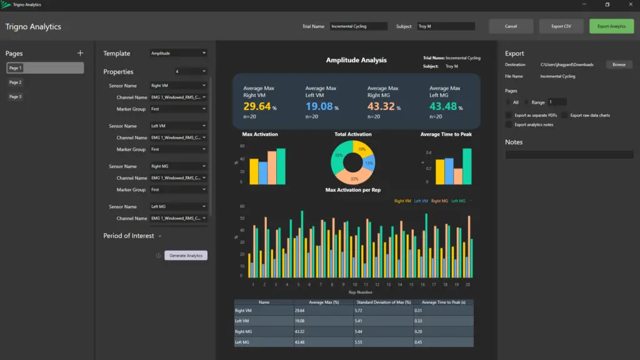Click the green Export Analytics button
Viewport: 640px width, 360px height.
(x=611, y=26)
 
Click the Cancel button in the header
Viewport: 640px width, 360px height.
(x=511, y=26)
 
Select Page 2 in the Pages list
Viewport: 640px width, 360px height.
(x=16, y=82)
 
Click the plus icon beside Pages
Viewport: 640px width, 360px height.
(x=80, y=53)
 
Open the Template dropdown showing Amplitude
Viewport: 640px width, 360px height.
(x=178, y=54)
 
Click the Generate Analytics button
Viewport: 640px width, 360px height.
(x=186, y=256)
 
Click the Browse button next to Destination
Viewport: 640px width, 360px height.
(x=619, y=64)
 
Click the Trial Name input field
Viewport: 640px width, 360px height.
(x=359, y=26)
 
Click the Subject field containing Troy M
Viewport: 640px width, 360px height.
(x=446, y=26)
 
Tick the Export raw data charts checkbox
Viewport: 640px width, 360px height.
(x=565, y=115)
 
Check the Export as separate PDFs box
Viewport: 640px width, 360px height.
(x=509, y=115)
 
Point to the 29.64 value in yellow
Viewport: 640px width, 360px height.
(x=257, y=107)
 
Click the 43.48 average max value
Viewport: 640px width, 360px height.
(x=443, y=107)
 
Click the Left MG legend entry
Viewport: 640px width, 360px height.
(x=458, y=201)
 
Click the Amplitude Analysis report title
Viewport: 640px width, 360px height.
(x=356, y=61)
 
